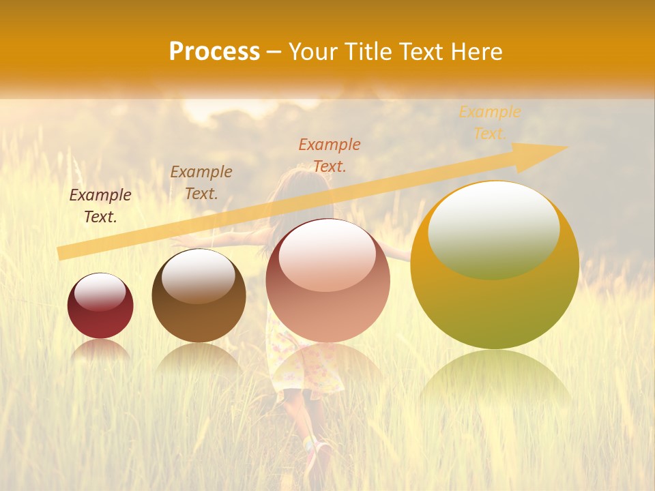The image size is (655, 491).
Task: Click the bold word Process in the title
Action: (214, 52)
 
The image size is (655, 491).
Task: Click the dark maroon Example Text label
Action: (100, 206)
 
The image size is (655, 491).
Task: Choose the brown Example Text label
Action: (201, 182)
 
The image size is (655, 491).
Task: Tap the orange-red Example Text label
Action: (330, 155)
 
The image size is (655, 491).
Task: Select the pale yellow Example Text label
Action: (489, 123)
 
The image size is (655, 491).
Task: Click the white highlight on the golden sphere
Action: (493, 230)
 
